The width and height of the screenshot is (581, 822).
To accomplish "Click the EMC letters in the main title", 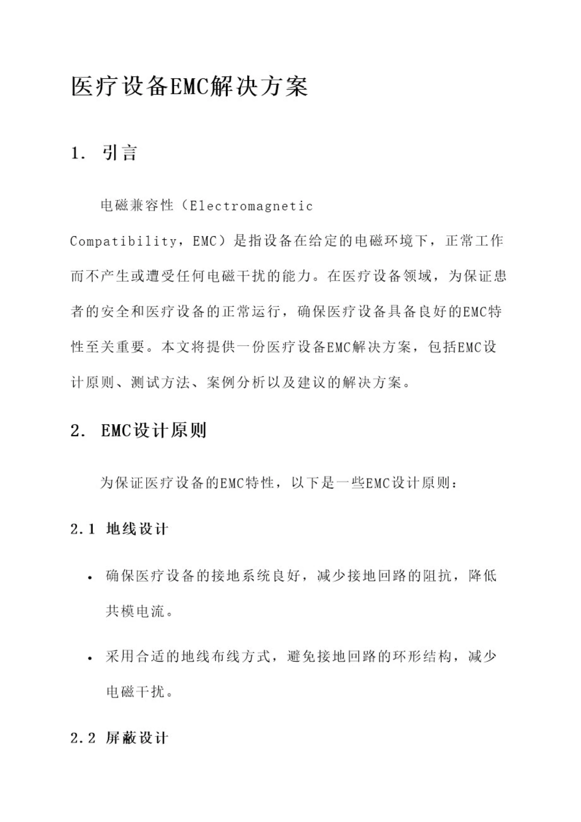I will pyautogui.click(x=189, y=87).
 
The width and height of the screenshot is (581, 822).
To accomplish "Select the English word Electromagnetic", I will pyautogui.click(x=251, y=206).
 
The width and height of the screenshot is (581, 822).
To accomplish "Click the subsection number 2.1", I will pyautogui.click(x=83, y=529).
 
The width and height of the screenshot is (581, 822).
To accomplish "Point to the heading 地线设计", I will pyautogui.click(x=137, y=529).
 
